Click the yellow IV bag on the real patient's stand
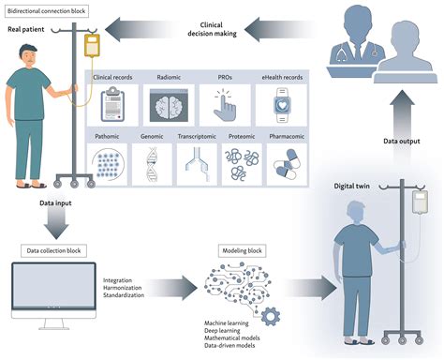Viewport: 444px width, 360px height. (90, 44)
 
